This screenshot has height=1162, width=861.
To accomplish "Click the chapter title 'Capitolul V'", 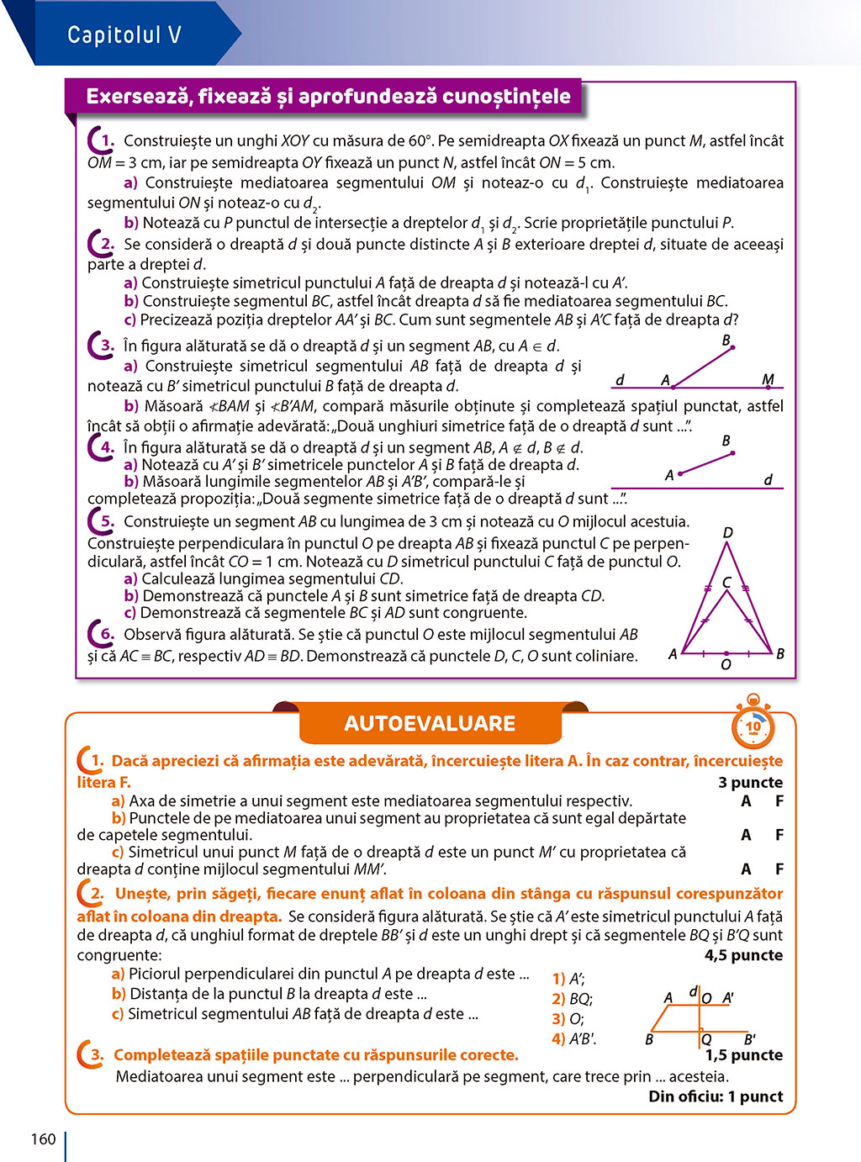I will tap(124, 34).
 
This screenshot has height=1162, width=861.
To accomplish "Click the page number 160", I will tap(43, 1139).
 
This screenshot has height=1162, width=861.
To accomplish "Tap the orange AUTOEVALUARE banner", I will tap(430, 723).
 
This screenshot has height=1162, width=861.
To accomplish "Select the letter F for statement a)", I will tap(779, 801).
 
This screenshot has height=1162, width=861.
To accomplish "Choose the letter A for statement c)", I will tap(746, 869).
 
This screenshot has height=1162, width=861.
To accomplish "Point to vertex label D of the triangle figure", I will tap(728, 532).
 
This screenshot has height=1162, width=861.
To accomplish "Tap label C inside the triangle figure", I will tap(726, 582).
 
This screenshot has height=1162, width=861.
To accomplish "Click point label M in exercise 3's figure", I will tap(768, 379).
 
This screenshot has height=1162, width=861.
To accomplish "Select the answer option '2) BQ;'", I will tap(572, 999).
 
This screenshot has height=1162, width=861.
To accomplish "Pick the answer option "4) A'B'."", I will tap(573, 1038).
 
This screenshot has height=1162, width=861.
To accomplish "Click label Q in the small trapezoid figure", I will tap(707, 1040).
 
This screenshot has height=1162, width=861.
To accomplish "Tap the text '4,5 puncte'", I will tap(743, 955).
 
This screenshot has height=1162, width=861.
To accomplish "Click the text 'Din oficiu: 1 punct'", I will tap(716, 1096).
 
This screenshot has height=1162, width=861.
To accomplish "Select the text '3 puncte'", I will tap(750, 782).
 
